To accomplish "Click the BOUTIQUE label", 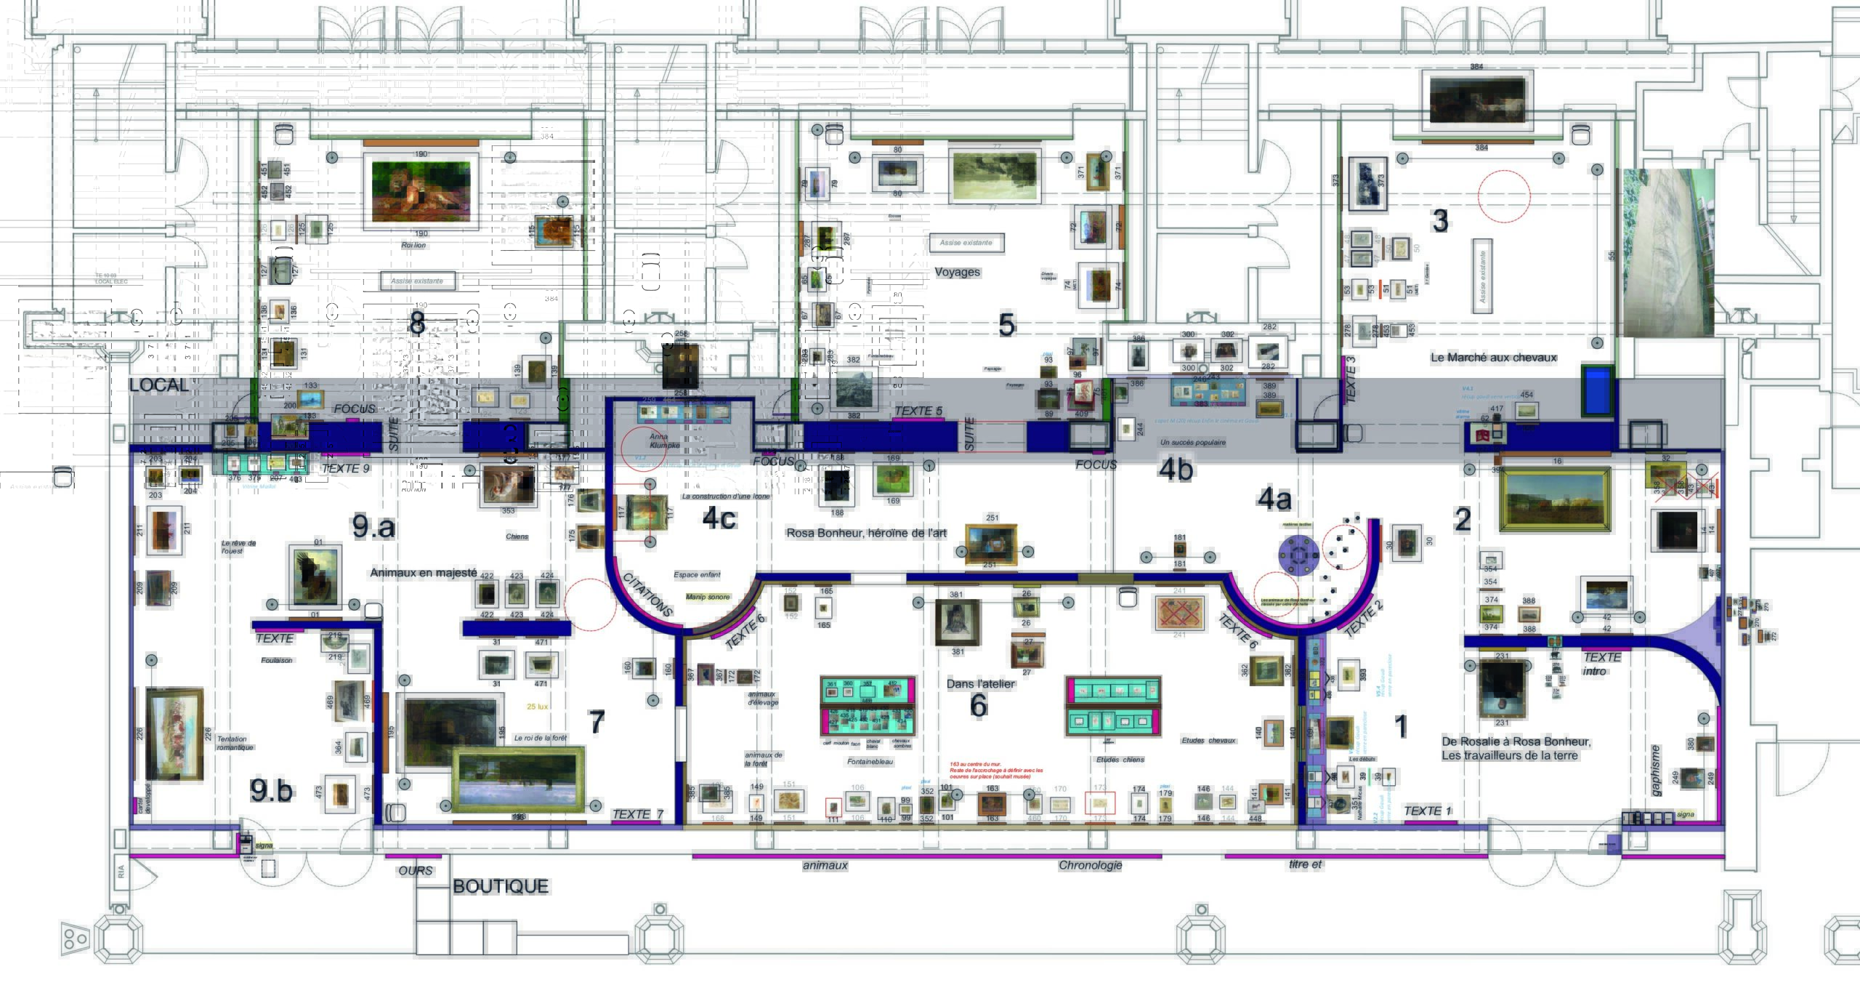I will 501,886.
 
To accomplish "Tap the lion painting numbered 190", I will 421,192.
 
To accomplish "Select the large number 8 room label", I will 416,323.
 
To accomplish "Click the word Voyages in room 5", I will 957,272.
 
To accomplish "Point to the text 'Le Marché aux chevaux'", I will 1493,358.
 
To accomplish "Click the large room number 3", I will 1439,221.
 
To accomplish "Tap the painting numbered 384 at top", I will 1477,100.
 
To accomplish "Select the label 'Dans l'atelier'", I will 980,683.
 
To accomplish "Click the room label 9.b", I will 271,790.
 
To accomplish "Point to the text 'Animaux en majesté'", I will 424,573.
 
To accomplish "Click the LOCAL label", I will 158,385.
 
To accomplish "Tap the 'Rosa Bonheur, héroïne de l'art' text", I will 866,533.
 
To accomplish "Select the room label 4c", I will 719,518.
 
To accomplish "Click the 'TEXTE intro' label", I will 1601,664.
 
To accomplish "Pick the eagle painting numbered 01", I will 316,576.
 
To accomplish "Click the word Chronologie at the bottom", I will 1090,865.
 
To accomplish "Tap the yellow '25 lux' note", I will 537,707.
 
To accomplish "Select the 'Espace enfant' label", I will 697,574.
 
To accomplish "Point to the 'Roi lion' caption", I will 413,245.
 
